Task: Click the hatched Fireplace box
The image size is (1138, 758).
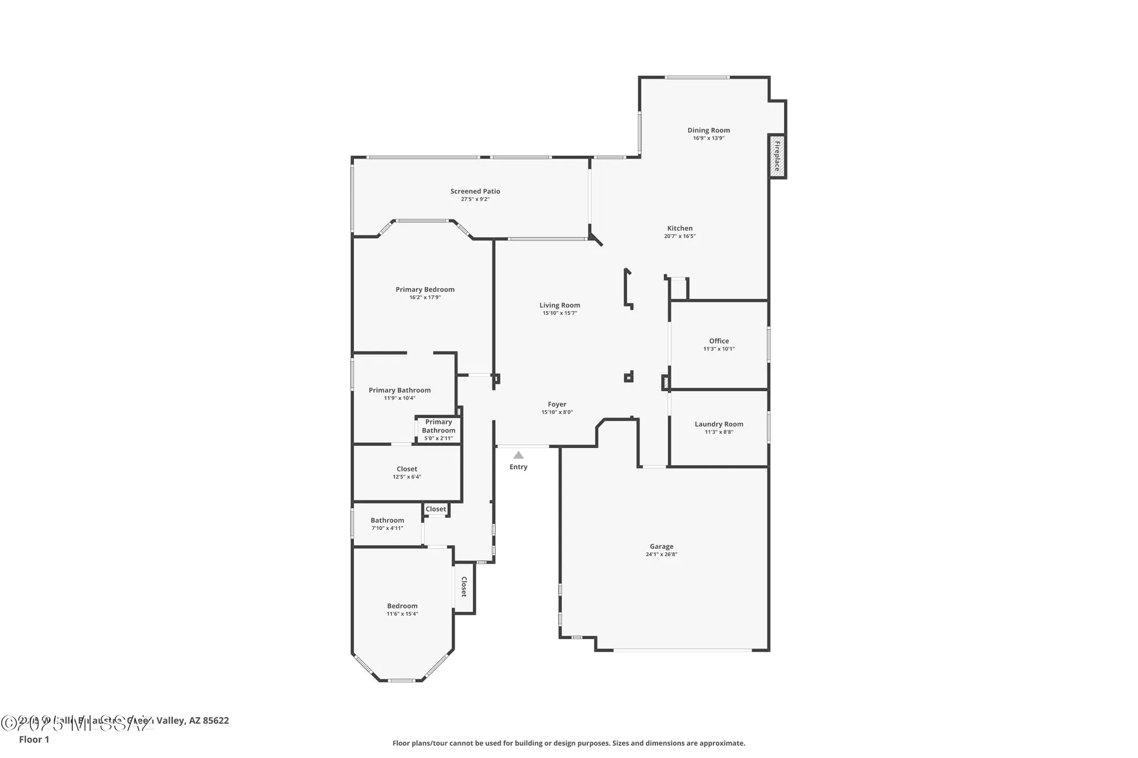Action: click(777, 156)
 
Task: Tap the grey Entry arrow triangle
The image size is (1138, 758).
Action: click(518, 455)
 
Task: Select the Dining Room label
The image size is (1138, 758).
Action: click(708, 130)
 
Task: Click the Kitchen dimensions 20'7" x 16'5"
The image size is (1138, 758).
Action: click(680, 237)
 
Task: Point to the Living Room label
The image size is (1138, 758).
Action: click(560, 305)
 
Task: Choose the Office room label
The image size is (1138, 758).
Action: click(719, 341)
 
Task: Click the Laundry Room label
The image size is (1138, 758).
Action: click(719, 424)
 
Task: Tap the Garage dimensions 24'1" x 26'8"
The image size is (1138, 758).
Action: click(661, 554)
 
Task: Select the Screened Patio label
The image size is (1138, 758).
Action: click(475, 192)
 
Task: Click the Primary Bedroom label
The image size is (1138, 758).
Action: click(425, 289)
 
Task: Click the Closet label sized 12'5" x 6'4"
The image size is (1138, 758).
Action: click(407, 469)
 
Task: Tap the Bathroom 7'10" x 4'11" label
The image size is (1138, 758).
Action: click(387, 520)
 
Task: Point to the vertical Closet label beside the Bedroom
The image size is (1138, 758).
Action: click(464, 587)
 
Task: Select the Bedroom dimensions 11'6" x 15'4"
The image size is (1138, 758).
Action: click(402, 614)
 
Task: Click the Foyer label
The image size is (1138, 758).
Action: click(557, 405)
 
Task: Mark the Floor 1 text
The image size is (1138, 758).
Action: click(34, 739)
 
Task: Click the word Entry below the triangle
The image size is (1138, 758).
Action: click(518, 467)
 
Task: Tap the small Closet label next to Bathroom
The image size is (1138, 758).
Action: click(436, 509)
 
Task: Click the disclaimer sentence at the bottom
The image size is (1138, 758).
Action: click(568, 743)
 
